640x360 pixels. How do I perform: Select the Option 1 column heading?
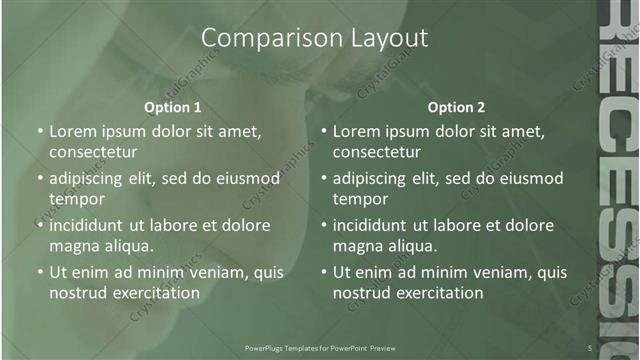[x=172, y=107]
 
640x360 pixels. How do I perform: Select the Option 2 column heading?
[x=456, y=107]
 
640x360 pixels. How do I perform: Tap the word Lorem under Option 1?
[x=73, y=131]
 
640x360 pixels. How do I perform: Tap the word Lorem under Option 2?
[x=357, y=131]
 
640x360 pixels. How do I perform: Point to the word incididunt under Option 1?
[x=94, y=225]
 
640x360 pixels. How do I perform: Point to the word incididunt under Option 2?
[x=378, y=225]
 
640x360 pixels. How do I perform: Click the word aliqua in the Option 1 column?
[x=128, y=246]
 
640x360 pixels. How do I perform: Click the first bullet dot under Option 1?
[x=40, y=132]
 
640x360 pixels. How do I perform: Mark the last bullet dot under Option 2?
[x=324, y=272]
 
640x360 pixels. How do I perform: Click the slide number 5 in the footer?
[x=590, y=347]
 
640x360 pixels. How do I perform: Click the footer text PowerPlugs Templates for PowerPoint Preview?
[x=320, y=347]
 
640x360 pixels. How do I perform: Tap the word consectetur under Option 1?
[x=92, y=152]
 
